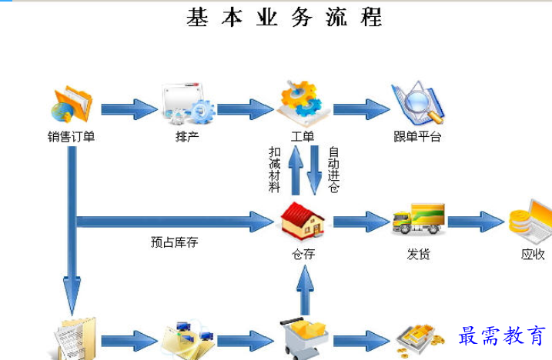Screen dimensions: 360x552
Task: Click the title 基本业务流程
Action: [x=284, y=17]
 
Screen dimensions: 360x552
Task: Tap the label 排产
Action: [x=188, y=137]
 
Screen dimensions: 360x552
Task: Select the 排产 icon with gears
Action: [x=188, y=105]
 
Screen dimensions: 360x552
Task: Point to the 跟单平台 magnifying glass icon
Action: [x=417, y=103]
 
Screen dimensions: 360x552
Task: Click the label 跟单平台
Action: [x=417, y=137]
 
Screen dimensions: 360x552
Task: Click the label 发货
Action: [x=418, y=255]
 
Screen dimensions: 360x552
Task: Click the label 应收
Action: [x=533, y=255]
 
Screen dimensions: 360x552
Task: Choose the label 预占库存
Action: [x=174, y=242]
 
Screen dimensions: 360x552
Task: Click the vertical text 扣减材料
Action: [x=275, y=170]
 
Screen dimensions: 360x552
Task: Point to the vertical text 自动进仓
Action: [x=333, y=170]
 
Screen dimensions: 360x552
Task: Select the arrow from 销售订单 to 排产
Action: [x=129, y=108]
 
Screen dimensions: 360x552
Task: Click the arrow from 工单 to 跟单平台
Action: [x=360, y=108]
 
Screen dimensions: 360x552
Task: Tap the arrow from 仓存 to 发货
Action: [x=360, y=222]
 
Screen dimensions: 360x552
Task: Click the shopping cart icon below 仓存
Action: [x=303, y=335]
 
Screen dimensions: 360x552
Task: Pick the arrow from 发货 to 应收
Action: [x=476, y=222]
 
